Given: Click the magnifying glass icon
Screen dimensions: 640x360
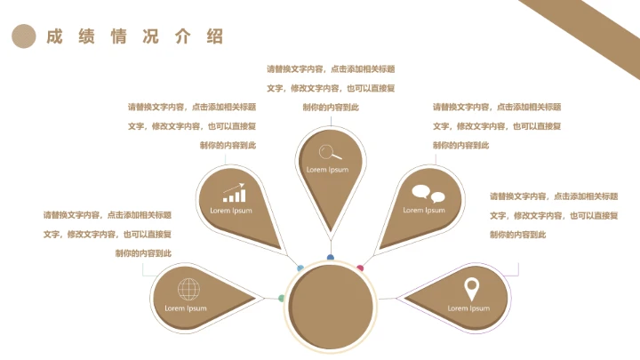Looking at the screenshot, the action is point(330,152).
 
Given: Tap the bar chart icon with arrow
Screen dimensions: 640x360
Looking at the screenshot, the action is point(235,193).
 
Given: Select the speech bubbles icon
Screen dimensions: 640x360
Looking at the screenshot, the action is point(428,194).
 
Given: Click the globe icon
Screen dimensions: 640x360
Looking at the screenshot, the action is point(189,289).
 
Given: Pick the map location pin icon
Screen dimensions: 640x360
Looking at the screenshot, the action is point(471,290).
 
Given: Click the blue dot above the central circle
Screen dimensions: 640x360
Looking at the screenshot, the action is point(330,258).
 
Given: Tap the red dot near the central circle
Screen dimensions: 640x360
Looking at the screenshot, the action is point(360,268).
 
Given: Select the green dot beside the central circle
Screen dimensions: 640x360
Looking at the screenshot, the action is point(281,299).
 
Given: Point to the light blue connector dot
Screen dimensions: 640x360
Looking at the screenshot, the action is point(300,268).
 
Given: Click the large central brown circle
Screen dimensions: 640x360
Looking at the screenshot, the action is point(331,307).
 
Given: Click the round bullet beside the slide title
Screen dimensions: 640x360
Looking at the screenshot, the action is point(24,36).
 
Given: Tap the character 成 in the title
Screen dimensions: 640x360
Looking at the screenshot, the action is point(54,36).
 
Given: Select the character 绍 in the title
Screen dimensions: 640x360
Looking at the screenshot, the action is point(215,36).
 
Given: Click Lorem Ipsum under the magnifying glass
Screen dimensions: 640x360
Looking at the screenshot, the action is point(327,170).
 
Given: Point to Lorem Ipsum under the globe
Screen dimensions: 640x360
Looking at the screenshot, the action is point(186,308).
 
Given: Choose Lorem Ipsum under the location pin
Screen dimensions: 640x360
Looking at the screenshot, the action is point(468,308).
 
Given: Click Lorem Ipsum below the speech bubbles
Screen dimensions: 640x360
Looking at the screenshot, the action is point(424,210).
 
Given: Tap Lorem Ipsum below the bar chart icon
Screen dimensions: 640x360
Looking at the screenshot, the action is point(231,211).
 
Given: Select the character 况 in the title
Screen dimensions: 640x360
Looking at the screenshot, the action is point(150,36).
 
